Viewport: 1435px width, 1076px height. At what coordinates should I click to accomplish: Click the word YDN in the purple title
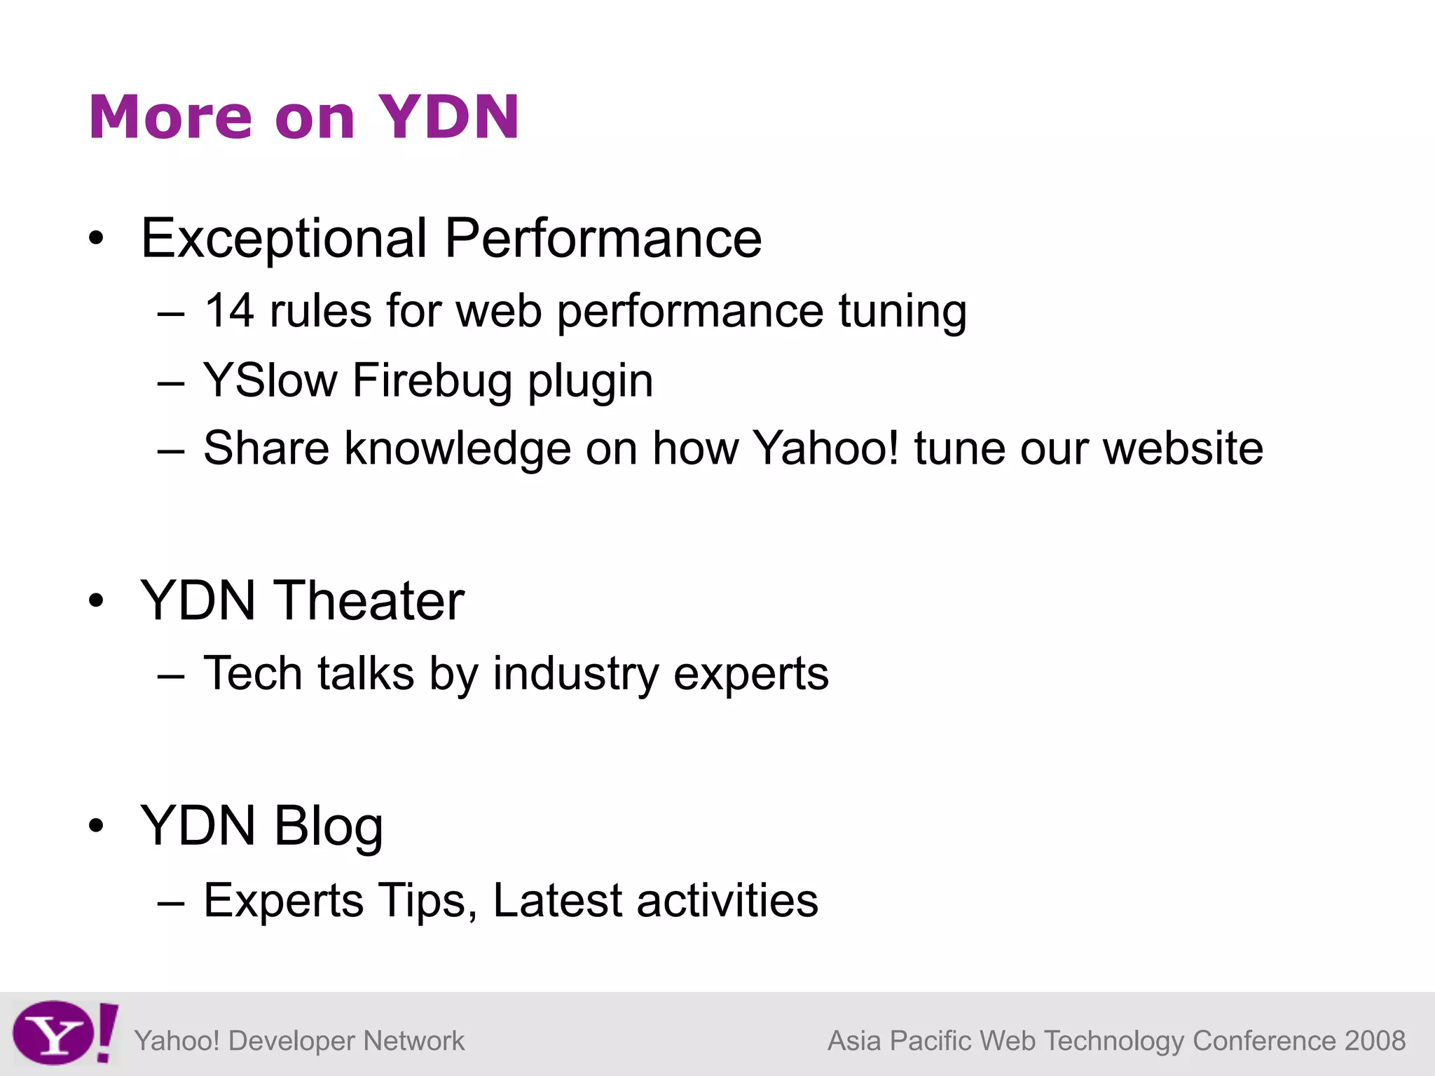(448, 117)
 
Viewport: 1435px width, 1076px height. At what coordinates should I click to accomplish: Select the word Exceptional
(284, 239)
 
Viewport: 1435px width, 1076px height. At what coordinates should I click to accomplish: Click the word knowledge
(458, 448)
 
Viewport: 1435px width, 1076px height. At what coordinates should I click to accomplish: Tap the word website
(1183, 448)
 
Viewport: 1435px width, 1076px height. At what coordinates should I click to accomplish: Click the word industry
(576, 674)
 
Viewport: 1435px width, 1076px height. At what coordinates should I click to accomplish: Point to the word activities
(727, 901)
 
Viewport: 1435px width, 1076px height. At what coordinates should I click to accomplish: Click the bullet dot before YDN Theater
(97, 601)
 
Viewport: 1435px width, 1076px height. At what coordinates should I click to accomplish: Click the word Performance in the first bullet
(603, 239)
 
